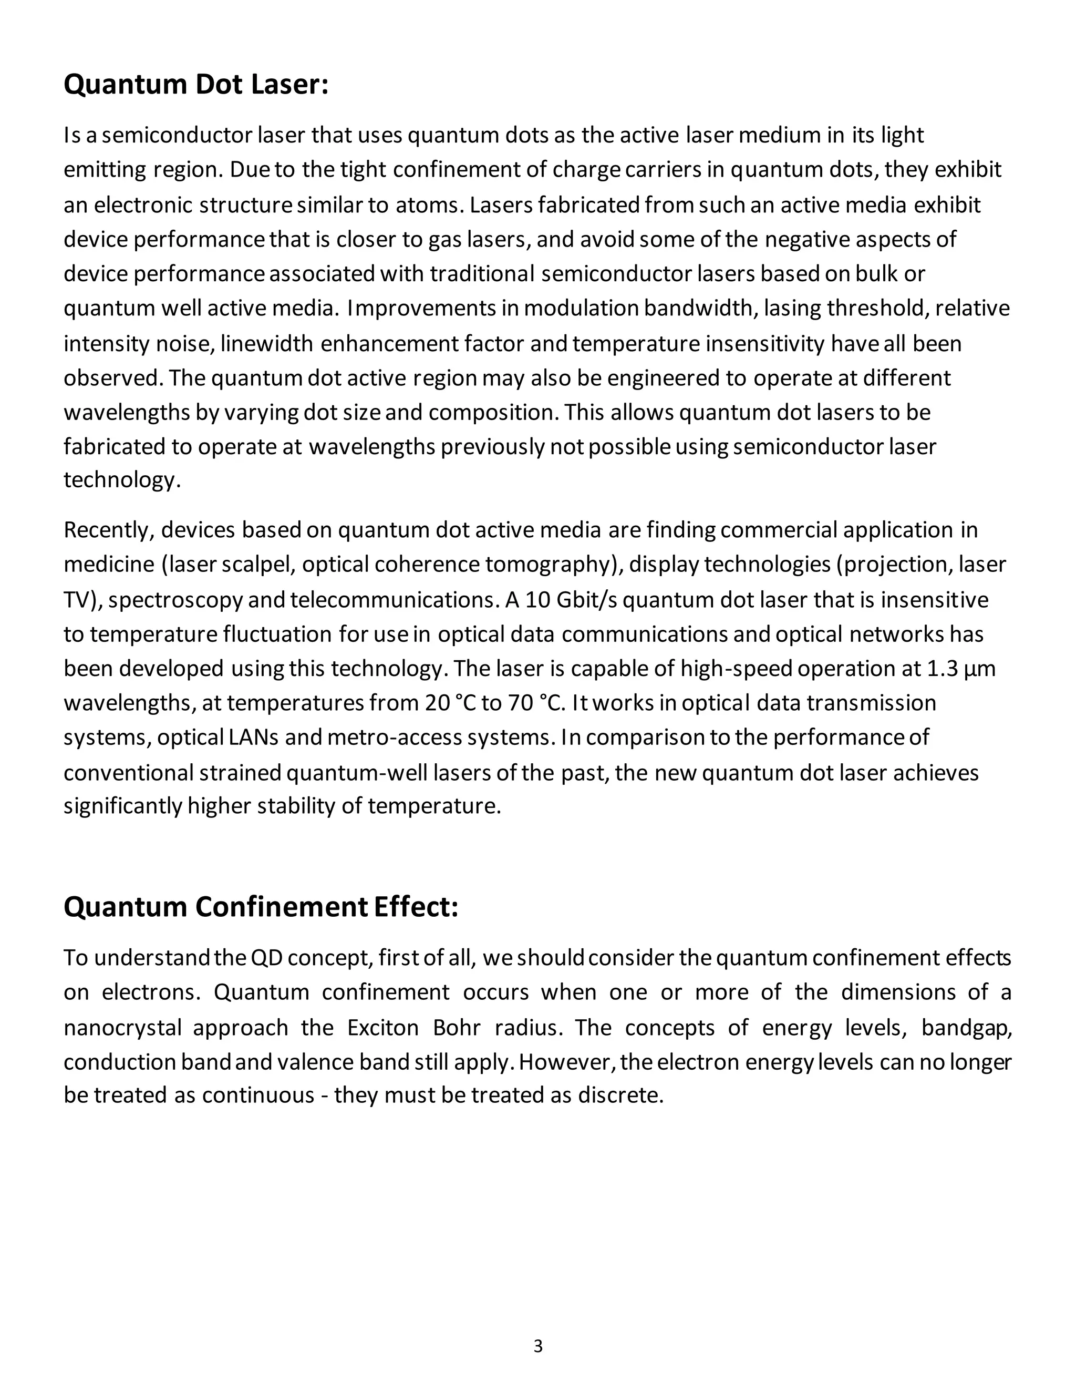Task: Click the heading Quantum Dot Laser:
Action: (x=195, y=85)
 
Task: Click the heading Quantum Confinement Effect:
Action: (x=261, y=907)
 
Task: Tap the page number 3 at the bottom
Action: (x=538, y=1346)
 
